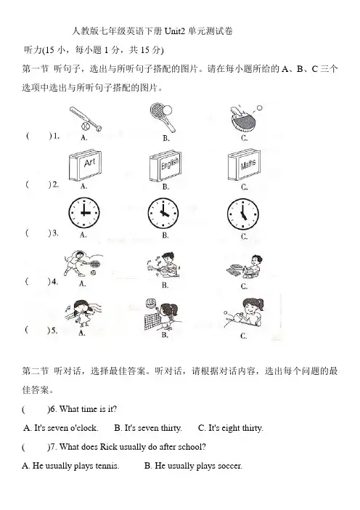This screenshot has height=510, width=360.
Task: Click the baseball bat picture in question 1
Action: point(85,119)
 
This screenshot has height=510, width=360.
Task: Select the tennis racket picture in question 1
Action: point(162,117)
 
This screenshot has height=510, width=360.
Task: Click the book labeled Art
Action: point(85,166)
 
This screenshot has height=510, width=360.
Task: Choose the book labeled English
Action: point(165,166)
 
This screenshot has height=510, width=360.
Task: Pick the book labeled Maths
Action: point(244,166)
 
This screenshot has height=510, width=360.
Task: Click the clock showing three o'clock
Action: point(83,213)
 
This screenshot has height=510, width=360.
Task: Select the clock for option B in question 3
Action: point(163,214)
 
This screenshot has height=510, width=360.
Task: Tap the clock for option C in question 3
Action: point(242,214)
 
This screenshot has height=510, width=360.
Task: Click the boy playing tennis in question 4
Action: point(82,264)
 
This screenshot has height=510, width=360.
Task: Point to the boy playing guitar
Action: point(163,264)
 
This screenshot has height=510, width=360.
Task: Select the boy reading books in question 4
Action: point(245,266)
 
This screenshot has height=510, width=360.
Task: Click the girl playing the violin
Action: point(83,312)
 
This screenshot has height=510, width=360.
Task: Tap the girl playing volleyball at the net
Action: point(163,314)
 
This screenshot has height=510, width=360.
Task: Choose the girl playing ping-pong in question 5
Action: point(244,312)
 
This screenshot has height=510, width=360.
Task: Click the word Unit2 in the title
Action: point(174,31)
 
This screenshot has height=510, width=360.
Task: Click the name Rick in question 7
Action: point(109,447)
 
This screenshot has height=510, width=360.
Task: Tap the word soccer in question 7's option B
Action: point(230,466)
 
